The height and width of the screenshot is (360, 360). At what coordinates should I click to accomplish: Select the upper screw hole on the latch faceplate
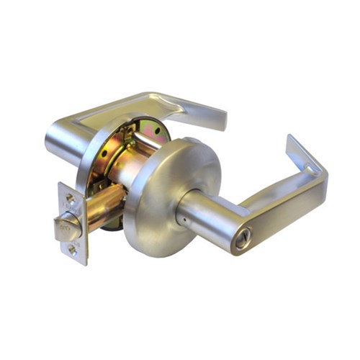pos(70,197)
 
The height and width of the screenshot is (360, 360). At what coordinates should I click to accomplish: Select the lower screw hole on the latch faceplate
pos(73,250)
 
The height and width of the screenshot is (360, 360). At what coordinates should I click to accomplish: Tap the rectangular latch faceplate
pos(72,223)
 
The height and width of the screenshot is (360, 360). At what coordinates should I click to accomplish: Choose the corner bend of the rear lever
pos(155,96)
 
